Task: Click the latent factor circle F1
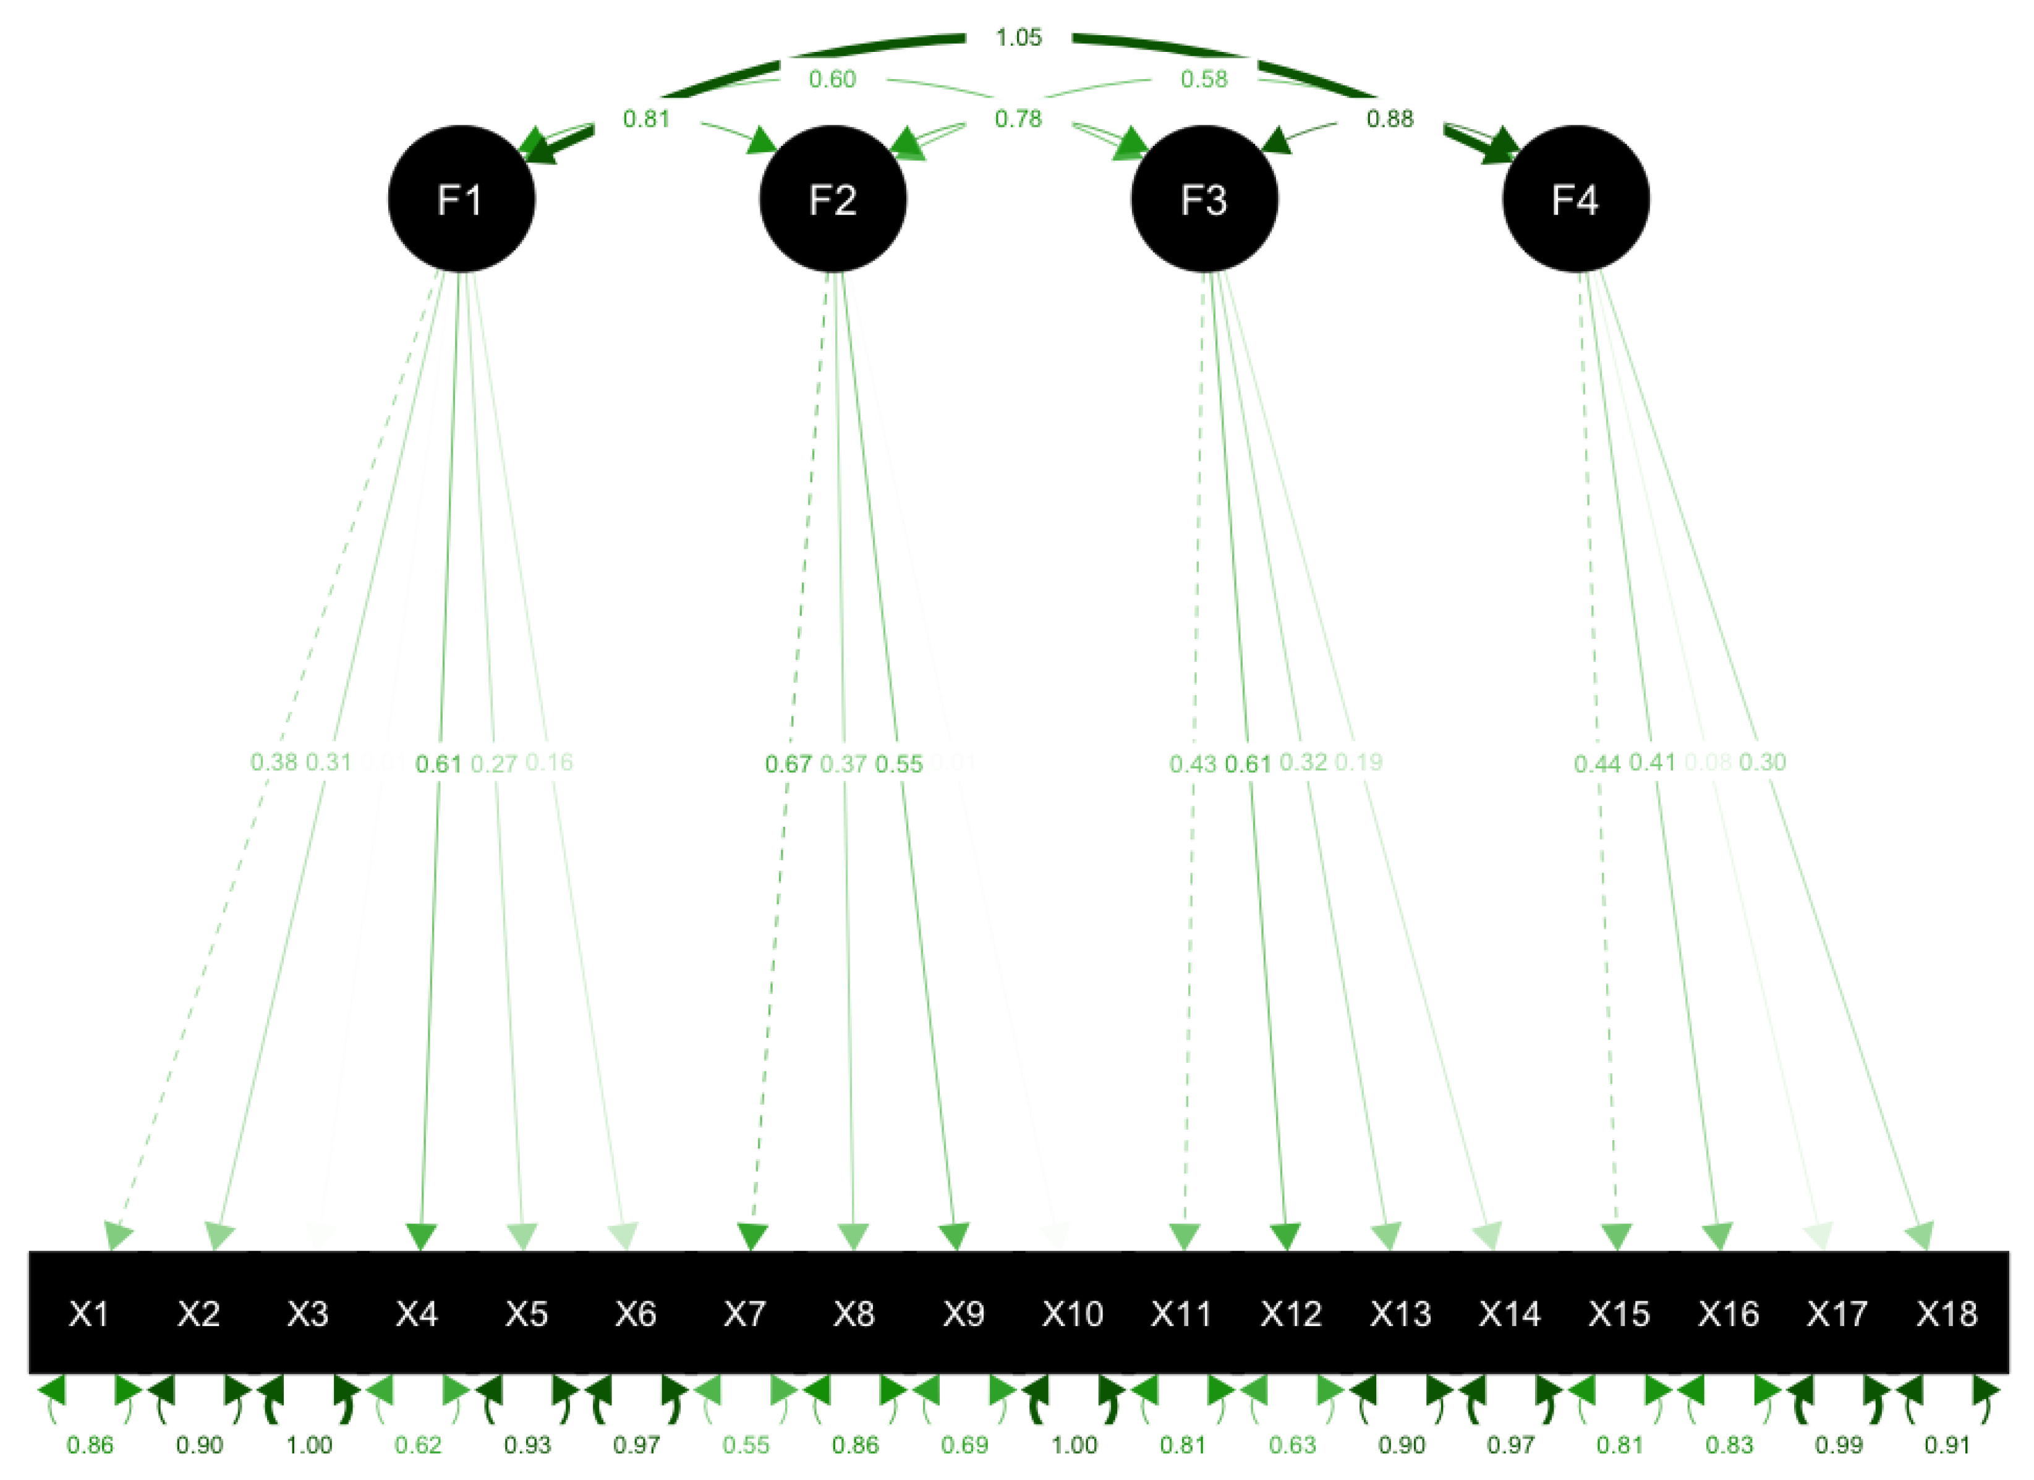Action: coord(461,198)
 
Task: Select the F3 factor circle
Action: coord(1204,198)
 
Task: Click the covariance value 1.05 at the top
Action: coord(1019,38)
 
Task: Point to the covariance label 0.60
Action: coord(832,80)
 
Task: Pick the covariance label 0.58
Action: coord(1204,80)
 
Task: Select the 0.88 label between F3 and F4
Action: coord(1389,118)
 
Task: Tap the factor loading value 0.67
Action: coord(788,764)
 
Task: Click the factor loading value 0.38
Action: coord(273,763)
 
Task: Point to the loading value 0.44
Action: coord(1598,764)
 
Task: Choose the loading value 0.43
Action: coord(1193,764)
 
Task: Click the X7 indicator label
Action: coord(744,1314)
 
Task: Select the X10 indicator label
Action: coord(1073,1314)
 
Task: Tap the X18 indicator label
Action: coord(1947,1314)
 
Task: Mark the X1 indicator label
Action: coord(89,1314)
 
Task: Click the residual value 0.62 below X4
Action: coord(418,1445)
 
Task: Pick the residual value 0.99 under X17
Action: coord(1839,1445)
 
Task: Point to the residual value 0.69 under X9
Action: coord(964,1445)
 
